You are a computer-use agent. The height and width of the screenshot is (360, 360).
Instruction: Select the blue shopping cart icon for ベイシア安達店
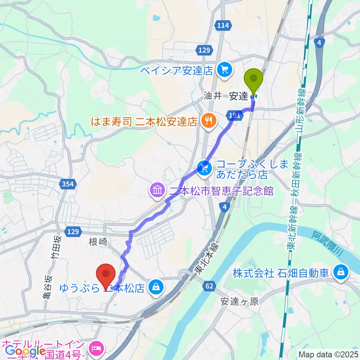pos(225,69)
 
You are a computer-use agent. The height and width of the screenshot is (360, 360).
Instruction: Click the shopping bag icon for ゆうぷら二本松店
pos(156,287)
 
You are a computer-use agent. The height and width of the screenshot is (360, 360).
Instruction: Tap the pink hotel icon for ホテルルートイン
pos(97,348)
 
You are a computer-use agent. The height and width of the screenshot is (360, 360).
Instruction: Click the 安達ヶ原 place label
pos(240,301)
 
